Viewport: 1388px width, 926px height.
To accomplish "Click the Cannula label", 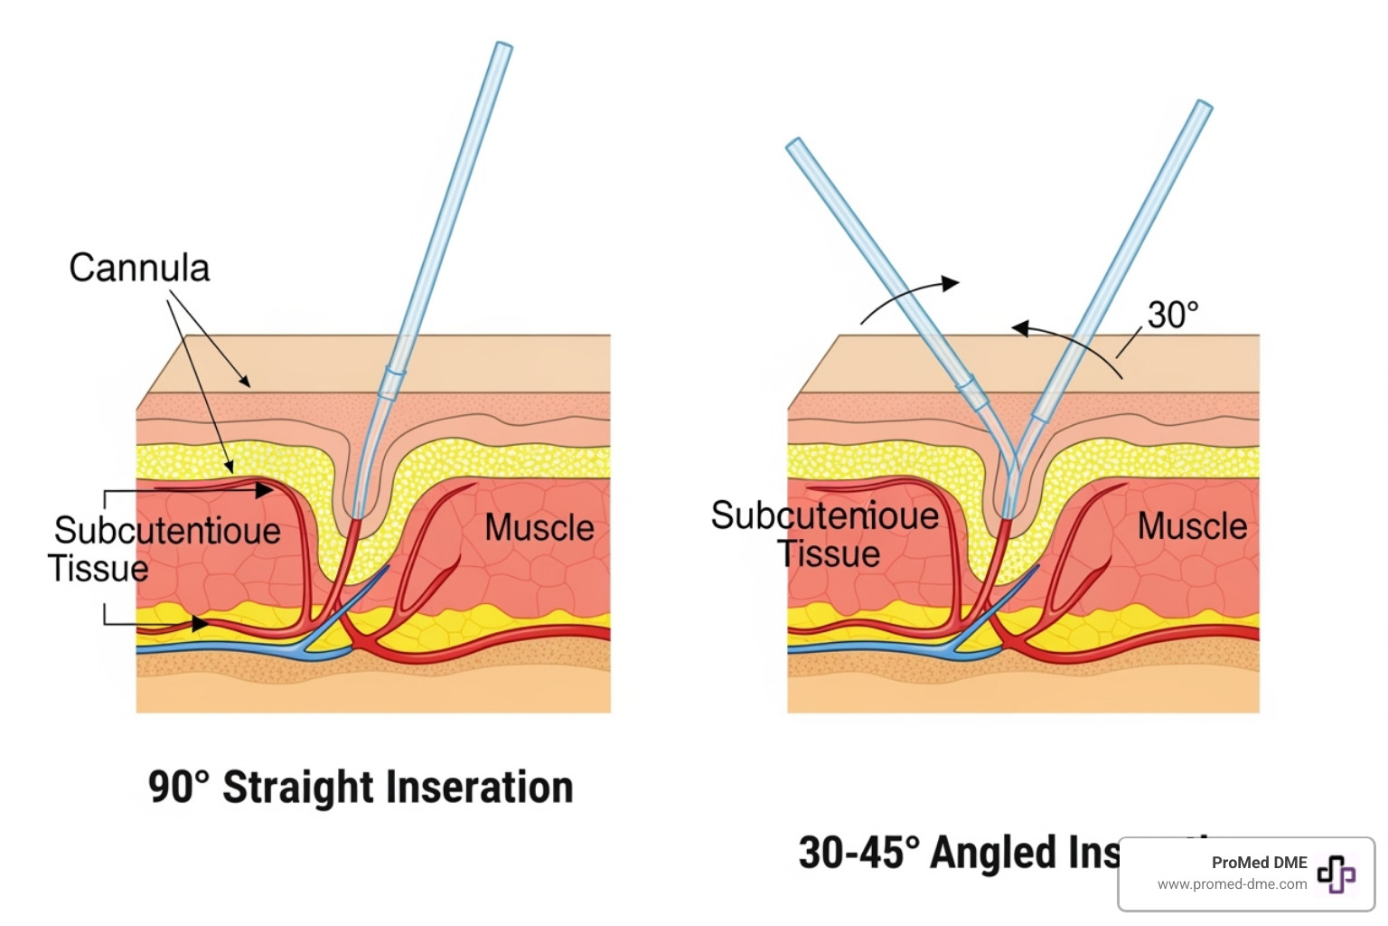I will click(x=139, y=268).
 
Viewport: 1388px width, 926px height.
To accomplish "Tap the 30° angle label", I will click(x=1172, y=315).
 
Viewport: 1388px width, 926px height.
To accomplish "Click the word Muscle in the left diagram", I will click(x=539, y=527).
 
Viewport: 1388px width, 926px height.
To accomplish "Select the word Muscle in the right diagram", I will click(x=1192, y=525).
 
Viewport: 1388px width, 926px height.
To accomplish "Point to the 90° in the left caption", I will click(x=178, y=787).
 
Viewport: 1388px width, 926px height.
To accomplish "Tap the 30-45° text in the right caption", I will click(x=858, y=852).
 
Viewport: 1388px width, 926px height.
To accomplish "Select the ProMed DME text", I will click(x=1259, y=863).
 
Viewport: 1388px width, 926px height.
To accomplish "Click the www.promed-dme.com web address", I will click(x=1232, y=884).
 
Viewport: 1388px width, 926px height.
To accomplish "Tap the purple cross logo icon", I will click(x=1336, y=874).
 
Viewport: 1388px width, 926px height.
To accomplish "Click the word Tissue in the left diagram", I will click(x=98, y=569).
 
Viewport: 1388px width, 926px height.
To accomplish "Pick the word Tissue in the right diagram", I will click(x=829, y=553).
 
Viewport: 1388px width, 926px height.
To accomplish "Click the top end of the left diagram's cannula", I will click(x=503, y=46).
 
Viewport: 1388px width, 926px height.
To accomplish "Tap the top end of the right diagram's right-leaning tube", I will click(x=1204, y=106).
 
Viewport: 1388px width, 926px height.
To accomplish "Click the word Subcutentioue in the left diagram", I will click(x=167, y=531).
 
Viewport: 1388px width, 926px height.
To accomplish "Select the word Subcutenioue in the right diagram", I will click(x=824, y=515).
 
